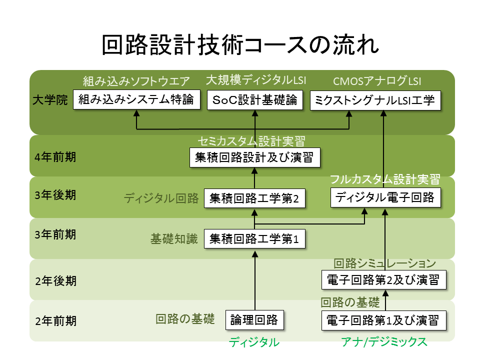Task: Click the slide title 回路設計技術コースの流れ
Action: pyautogui.click(x=240, y=45)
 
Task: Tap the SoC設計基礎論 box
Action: pyautogui.click(x=255, y=100)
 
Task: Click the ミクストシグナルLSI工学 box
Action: pyautogui.click(x=375, y=100)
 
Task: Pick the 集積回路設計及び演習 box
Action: pyautogui.click(x=254, y=157)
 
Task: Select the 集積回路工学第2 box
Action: pyautogui.click(x=254, y=198)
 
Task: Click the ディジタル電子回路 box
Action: pyautogui.click(x=385, y=197)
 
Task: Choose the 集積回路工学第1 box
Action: pyautogui.click(x=254, y=239)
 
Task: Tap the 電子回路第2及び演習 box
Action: pyautogui.click(x=383, y=279)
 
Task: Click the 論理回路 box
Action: pyautogui.click(x=254, y=320)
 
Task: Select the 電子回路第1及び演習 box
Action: pyautogui.click(x=383, y=320)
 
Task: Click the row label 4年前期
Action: pyautogui.click(x=55, y=157)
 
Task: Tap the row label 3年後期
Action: pyautogui.click(x=55, y=195)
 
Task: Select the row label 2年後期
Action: pyautogui.click(x=55, y=280)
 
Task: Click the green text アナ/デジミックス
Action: pyautogui.click(x=384, y=342)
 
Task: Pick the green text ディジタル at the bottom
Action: pyautogui.click(x=254, y=342)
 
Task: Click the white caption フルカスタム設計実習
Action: pyautogui.click(x=384, y=179)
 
